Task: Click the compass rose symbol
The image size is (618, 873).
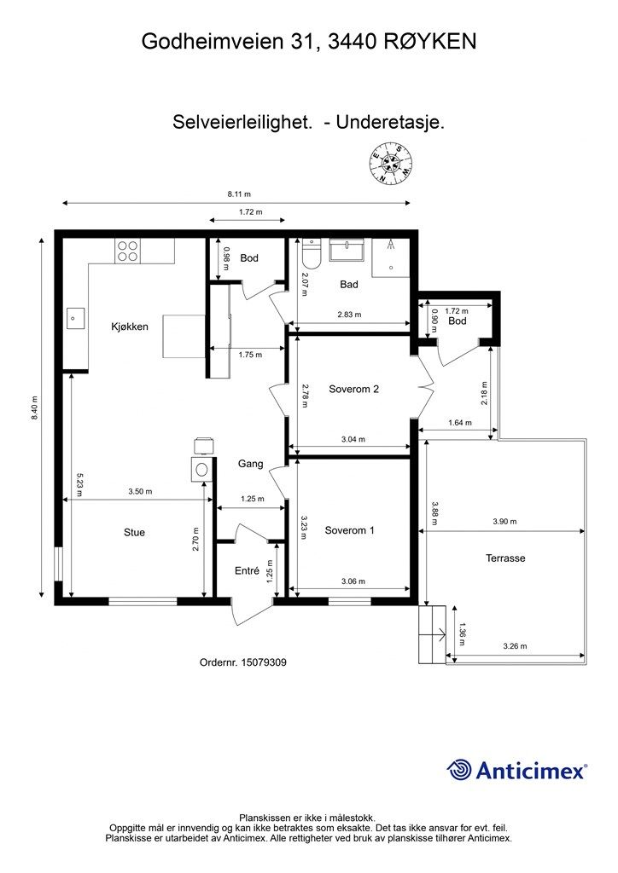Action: coord(391,163)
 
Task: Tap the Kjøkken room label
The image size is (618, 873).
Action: coord(130,327)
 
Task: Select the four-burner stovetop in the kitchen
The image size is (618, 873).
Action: coord(128,251)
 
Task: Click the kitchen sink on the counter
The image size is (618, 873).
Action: coord(74,319)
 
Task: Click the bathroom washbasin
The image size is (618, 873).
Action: coord(347,250)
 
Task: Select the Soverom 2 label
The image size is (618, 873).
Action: coord(354,389)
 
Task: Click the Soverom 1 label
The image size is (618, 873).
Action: coord(349,530)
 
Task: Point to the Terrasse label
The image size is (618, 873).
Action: coord(505,558)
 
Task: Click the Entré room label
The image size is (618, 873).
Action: coord(247,570)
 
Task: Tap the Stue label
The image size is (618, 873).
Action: coord(134,532)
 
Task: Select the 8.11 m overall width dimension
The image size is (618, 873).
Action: coord(239,194)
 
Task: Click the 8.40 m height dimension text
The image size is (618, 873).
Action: coord(34,408)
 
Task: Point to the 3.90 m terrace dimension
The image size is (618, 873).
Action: coord(504,522)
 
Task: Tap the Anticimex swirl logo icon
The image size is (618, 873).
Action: coord(459,770)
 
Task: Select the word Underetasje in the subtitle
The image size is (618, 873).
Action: coord(390,122)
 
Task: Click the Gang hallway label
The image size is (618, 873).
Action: coord(251,464)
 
